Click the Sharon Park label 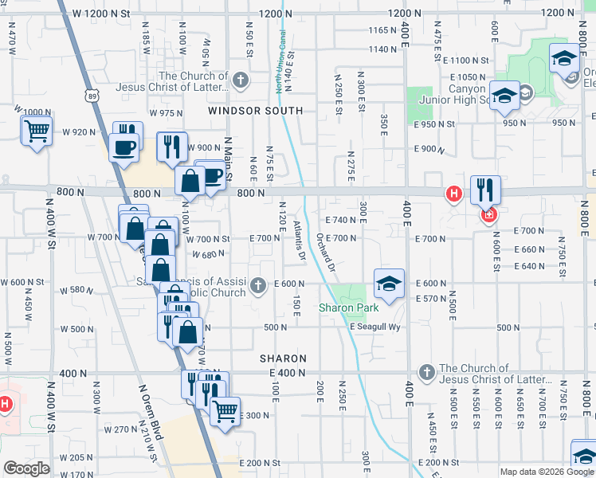[348, 308]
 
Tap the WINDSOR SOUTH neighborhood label [256, 111]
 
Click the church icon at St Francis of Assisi [257, 285]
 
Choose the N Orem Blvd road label [151, 413]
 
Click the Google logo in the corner [26, 468]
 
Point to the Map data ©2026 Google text [547, 472]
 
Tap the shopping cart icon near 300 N [225, 411]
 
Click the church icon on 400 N [427, 372]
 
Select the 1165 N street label [382, 29]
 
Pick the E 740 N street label [340, 219]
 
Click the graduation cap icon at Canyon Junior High [504, 96]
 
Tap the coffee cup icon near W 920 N [124, 147]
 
